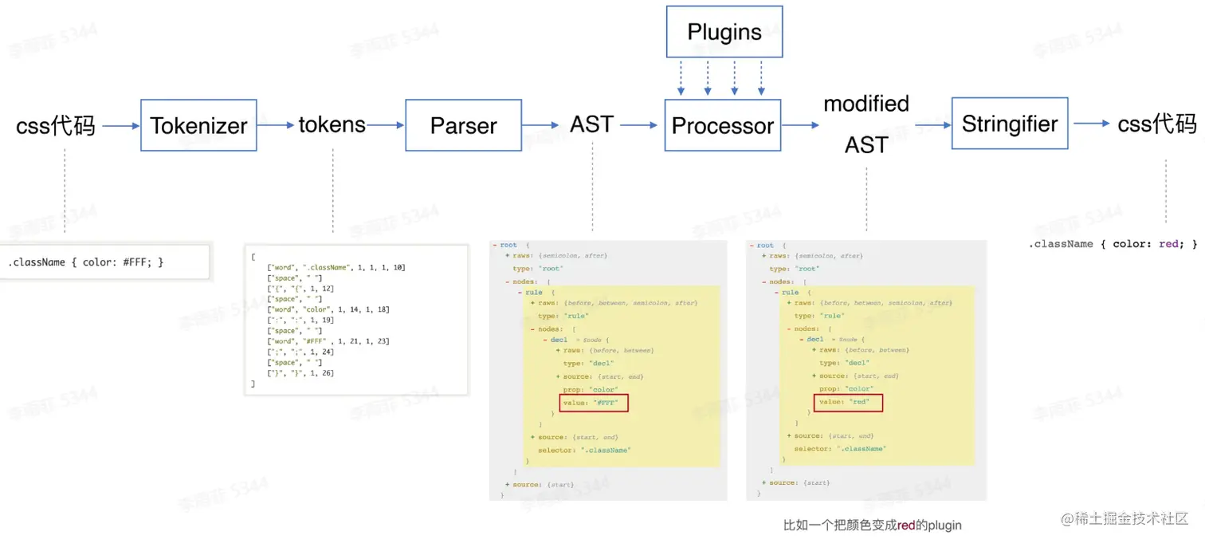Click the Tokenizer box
198,125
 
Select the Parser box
463,125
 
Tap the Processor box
722,125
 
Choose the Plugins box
724,33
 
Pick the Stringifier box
1009,124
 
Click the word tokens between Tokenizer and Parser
332,124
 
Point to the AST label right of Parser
591,124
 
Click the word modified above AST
865,104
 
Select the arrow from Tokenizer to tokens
277,125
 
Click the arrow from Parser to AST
541,125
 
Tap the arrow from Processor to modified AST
800,125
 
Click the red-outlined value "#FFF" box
594,403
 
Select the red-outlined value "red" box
848,402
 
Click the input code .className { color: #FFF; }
85,262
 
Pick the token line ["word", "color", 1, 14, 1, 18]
328,309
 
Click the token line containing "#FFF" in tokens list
328,341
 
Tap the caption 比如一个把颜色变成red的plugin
872,525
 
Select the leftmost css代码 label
55,126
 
